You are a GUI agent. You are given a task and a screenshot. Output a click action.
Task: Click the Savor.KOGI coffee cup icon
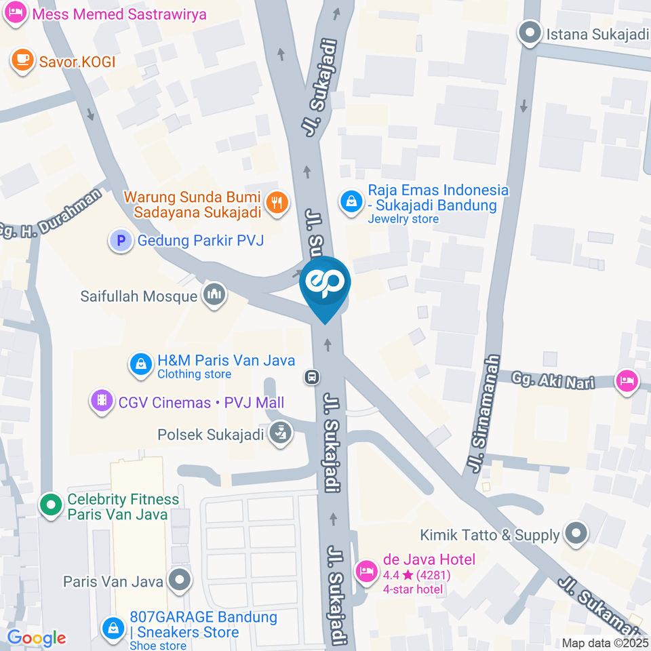tap(22, 60)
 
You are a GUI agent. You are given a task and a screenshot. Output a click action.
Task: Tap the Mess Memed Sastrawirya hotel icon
tap(15, 12)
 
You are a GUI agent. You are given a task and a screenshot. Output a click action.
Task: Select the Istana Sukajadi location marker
tap(530, 32)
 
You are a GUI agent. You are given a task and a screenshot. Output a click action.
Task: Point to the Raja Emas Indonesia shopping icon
tap(351, 201)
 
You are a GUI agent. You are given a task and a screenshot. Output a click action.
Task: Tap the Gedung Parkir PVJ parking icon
tap(121, 240)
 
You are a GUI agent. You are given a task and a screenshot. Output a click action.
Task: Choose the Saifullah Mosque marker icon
tap(214, 295)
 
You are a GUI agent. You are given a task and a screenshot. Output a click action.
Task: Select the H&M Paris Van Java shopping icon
tap(140, 365)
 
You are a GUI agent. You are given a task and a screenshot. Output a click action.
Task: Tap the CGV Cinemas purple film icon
tap(102, 401)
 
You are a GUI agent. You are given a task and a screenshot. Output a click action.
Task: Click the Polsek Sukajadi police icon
tap(279, 433)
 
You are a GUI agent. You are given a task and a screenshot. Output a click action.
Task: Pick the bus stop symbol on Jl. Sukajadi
tap(312, 376)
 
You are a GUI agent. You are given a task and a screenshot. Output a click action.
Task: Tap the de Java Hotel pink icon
tap(367, 570)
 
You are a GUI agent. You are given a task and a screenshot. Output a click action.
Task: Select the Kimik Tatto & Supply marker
tap(576, 534)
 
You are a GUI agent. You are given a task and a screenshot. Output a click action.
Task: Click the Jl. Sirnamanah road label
tap(484, 414)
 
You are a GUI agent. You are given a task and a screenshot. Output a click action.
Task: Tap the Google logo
tap(36, 637)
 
